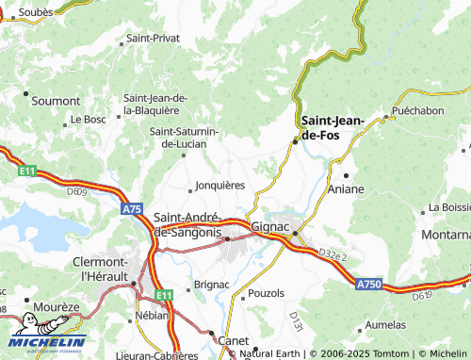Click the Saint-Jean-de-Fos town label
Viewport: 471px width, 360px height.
pos(333,127)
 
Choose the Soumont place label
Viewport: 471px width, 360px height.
pos(56,99)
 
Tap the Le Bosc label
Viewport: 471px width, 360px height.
pos(89,120)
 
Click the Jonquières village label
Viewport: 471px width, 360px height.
pos(219,186)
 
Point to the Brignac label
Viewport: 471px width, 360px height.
pos(211,284)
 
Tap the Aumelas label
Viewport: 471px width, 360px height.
pos(412,324)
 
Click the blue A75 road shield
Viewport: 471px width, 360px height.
pos(132,209)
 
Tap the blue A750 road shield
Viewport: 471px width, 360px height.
pos(369,283)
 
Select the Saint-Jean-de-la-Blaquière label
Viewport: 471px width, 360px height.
pos(158,104)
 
